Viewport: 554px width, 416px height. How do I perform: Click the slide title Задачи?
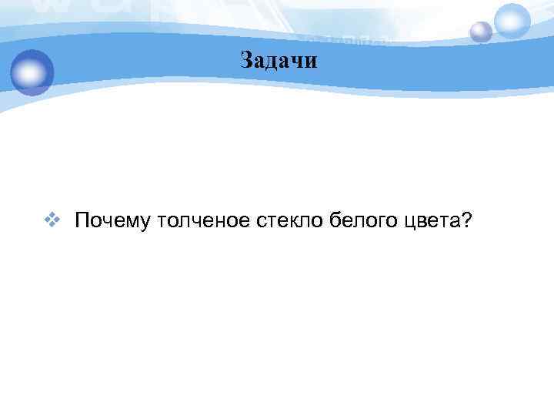278,59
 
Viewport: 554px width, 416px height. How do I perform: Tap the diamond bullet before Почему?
52,221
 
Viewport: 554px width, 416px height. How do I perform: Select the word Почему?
112,222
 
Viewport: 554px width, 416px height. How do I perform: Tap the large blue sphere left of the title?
32,72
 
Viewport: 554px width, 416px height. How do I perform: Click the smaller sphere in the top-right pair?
481,32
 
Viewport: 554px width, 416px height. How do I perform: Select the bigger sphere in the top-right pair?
512,20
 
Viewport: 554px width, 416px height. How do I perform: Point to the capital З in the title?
246,59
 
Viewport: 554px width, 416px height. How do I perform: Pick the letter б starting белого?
335,221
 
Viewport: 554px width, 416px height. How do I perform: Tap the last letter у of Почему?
145,223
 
